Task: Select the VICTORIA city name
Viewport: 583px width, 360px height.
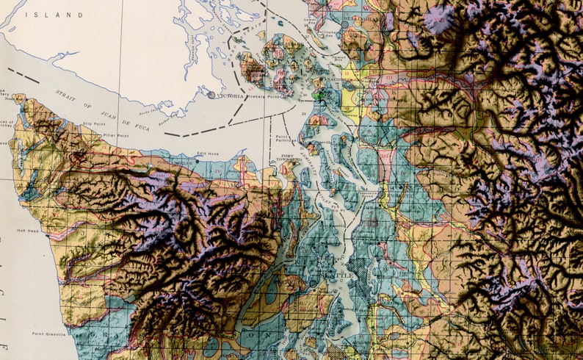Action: tap(231, 96)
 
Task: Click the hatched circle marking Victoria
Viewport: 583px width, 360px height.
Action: tap(211, 94)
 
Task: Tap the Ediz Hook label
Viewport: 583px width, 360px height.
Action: tap(208, 154)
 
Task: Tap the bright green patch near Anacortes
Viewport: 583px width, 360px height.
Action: tap(317, 95)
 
